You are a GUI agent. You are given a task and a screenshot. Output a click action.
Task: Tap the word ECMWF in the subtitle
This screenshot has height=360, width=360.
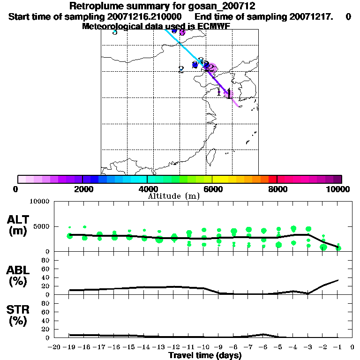coord(213,26)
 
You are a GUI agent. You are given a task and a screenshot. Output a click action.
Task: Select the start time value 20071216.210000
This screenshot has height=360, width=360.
coord(142,16)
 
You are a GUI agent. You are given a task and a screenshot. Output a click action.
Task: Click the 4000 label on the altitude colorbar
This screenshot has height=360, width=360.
coord(147,189)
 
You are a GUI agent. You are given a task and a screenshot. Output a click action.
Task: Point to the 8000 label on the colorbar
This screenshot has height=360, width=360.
coord(277,189)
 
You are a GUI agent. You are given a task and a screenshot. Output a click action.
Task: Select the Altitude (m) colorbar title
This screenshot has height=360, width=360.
coord(174,196)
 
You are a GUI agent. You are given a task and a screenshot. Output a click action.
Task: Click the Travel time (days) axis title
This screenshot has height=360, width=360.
coord(205,355)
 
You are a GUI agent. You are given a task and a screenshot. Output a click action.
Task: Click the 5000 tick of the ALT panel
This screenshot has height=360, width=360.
coord(40,226)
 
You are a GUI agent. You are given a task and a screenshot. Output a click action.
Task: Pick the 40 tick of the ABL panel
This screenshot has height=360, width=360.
coord(46,277)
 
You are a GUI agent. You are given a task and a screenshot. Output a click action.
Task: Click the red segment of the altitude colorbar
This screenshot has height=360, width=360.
coord(273,179)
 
